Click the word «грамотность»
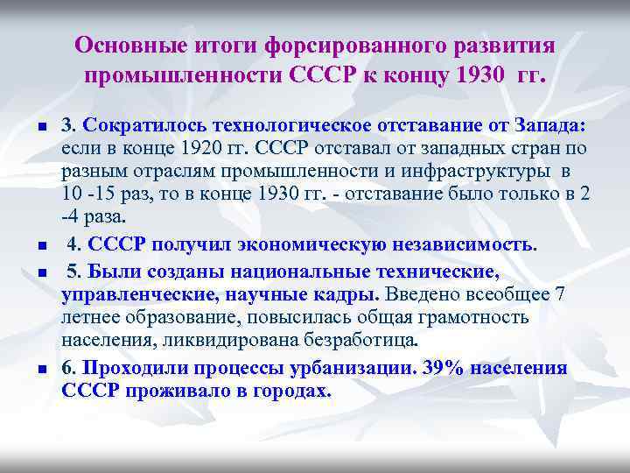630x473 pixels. tap(473, 316)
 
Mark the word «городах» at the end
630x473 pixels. tap(290, 391)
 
